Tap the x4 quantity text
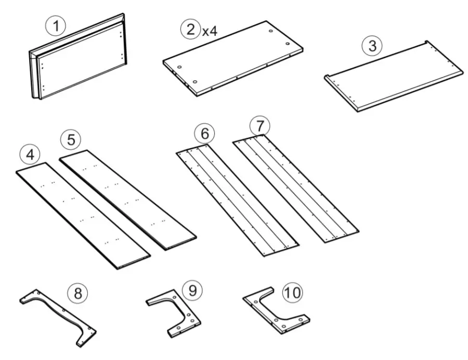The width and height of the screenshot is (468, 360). tap(210, 31)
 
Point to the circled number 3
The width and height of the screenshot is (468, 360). tap(371, 46)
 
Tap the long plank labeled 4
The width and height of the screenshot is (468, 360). tap(83, 216)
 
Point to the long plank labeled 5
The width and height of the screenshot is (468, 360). tap(127, 200)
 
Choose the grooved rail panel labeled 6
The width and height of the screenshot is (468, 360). tap(237, 200)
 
